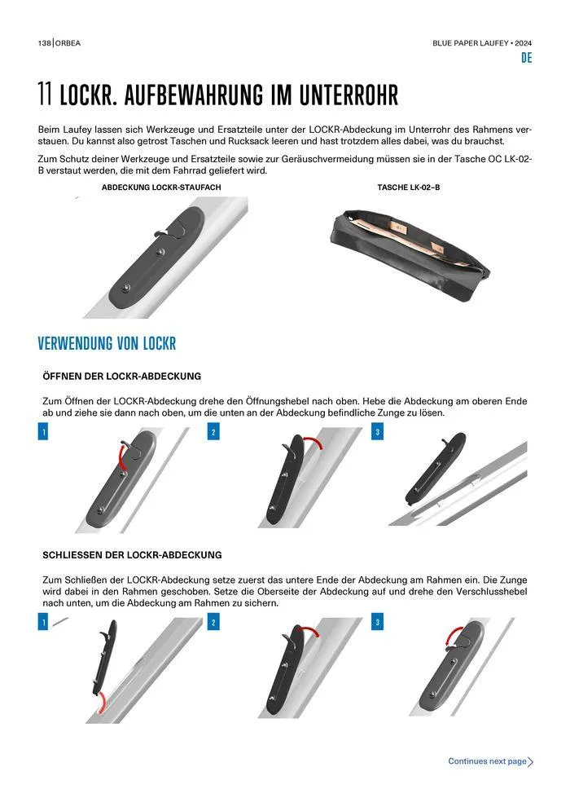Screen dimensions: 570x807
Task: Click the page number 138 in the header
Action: click(x=44, y=43)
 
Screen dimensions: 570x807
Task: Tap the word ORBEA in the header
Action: click(x=68, y=43)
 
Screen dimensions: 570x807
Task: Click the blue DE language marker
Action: click(x=526, y=58)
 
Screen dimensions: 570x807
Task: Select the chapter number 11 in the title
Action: click(x=46, y=95)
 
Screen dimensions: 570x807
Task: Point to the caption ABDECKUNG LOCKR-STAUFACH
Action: click(x=161, y=187)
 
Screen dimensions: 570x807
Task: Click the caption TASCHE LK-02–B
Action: click(x=409, y=187)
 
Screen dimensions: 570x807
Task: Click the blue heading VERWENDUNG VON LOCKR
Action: click(x=107, y=343)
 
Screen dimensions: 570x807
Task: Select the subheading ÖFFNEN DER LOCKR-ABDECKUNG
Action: click(x=122, y=377)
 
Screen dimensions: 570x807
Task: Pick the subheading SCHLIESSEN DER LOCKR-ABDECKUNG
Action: click(x=132, y=555)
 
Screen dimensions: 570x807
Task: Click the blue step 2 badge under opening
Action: click(x=213, y=432)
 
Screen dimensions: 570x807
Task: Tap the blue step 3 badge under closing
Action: click(x=377, y=622)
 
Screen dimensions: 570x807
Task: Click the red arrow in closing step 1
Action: click(x=103, y=702)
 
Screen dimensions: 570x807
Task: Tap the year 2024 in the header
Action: click(x=524, y=43)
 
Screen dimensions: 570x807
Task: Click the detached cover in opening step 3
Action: click(x=436, y=469)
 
